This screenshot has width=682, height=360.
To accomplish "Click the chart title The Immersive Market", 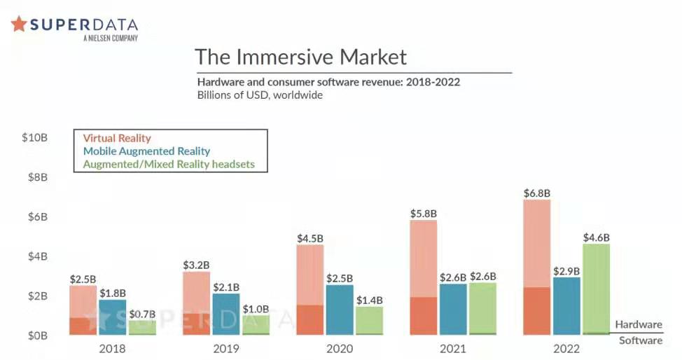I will tap(300, 56).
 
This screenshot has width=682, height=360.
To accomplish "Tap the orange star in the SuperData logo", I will tap(19, 25).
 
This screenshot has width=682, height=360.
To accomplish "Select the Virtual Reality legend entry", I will tap(117, 138).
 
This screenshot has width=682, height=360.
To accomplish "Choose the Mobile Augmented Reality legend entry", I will tap(146, 151).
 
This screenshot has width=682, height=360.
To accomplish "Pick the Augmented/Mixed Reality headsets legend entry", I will tap(169, 165).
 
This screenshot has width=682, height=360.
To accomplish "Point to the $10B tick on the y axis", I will tap(34, 137).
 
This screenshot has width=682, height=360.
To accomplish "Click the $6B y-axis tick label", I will tap(36, 216).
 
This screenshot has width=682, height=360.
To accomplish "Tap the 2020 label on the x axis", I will tap(339, 348).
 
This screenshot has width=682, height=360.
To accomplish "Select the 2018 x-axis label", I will tap(112, 348).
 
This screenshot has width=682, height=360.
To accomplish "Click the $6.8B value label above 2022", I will tap(537, 193).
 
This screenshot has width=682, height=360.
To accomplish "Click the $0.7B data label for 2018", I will tap(142, 314).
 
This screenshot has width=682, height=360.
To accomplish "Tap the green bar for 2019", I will tap(256, 325).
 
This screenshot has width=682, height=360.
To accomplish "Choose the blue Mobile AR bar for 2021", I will tap(453, 309).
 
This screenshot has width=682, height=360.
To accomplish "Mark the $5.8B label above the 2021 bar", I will tap(424, 213).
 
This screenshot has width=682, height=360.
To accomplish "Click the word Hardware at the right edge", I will tap(639, 324).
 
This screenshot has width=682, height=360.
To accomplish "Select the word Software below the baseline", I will tap(640, 340).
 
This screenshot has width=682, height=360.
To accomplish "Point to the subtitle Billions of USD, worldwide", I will tap(260, 95).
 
